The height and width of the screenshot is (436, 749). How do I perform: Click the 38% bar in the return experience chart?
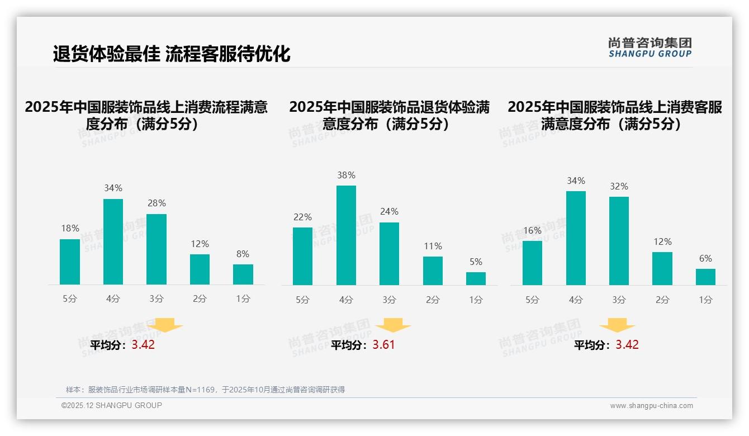(x=346, y=235)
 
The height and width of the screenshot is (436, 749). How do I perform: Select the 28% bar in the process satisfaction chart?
(x=157, y=249)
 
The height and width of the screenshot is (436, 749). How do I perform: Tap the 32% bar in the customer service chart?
(x=619, y=241)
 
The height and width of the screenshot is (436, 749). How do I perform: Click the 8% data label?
(x=243, y=254)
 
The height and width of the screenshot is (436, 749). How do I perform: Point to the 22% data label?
(x=302, y=217)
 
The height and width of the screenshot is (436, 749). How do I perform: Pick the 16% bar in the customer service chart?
(x=532, y=263)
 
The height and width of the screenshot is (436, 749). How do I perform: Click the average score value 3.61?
(x=384, y=344)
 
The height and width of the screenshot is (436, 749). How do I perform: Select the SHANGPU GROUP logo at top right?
(x=650, y=48)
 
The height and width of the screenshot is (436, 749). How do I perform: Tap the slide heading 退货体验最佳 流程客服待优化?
(x=172, y=54)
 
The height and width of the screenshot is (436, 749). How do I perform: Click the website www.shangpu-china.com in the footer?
(x=651, y=406)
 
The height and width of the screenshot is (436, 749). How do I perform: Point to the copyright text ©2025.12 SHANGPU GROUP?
(x=112, y=405)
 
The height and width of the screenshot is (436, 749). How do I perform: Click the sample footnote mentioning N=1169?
(x=205, y=390)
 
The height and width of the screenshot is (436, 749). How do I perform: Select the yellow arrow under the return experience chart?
(x=393, y=325)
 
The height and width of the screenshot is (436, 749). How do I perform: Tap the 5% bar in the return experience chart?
(x=476, y=278)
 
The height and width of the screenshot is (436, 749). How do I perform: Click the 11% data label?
(x=433, y=246)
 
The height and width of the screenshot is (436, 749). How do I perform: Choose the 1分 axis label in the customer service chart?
(x=705, y=300)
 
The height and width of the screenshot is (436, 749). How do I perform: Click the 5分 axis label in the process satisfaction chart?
(x=70, y=299)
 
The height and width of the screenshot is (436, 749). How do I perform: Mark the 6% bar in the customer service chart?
(x=705, y=277)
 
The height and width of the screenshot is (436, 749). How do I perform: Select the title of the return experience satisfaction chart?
(x=390, y=115)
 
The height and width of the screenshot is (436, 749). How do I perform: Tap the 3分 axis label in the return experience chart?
(x=390, y=300)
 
